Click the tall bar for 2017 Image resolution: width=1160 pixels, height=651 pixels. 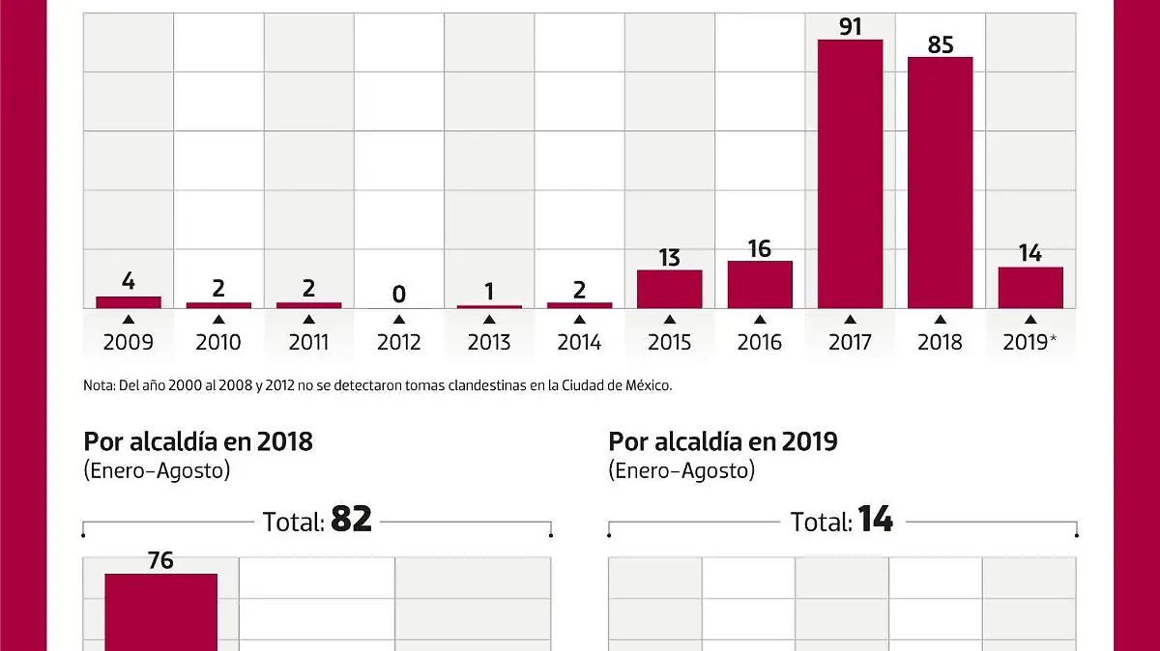[850, 174]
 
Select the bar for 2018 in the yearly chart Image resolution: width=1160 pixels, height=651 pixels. [940, 183]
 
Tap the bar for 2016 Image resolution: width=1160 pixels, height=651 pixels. [760, 285]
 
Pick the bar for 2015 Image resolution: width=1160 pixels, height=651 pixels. [670, 289]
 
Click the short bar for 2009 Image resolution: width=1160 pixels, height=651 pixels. [129, 302]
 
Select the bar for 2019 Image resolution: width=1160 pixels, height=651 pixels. [1030, 288]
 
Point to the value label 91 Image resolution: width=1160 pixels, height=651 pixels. [850, 24]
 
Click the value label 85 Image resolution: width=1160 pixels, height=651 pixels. [940, 43]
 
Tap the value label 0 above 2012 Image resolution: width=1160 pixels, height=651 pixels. [399, 294]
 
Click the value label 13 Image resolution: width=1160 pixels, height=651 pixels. [669, 258]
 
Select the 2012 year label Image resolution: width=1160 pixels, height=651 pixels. [399, 342]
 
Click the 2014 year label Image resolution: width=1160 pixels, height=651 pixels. [579, 342]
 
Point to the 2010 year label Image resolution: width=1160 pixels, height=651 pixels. [218, 342]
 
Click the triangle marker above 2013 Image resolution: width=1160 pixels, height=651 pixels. [489, 320]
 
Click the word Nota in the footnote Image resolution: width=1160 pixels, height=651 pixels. [99, 385]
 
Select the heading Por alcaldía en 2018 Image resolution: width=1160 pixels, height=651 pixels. [198, 442]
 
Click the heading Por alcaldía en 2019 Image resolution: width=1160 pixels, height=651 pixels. [723, 442]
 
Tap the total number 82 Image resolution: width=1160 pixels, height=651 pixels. [351, 521]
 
